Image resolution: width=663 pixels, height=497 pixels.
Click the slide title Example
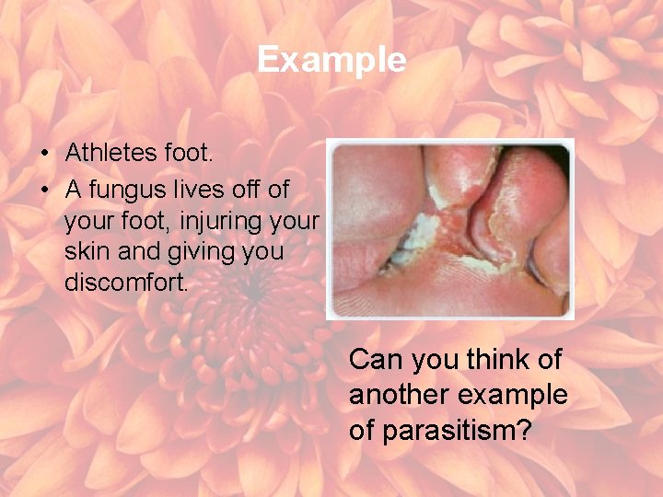coord(331,60)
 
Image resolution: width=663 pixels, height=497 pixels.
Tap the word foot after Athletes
coord(188,154)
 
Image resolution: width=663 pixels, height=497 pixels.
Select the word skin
coord(85,252)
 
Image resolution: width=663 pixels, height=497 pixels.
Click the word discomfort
coord(126,283)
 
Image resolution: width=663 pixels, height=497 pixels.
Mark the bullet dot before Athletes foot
coord(45,154)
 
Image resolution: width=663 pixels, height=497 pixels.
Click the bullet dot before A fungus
coord(45,191)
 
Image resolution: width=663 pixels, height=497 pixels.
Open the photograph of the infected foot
coord(449,228)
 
